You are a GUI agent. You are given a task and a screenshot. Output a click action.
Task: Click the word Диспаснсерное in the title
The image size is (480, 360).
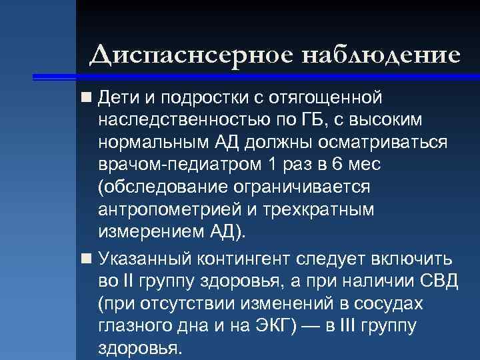coord(191,55)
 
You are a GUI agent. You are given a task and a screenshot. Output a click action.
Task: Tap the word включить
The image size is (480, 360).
coord(411,259)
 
